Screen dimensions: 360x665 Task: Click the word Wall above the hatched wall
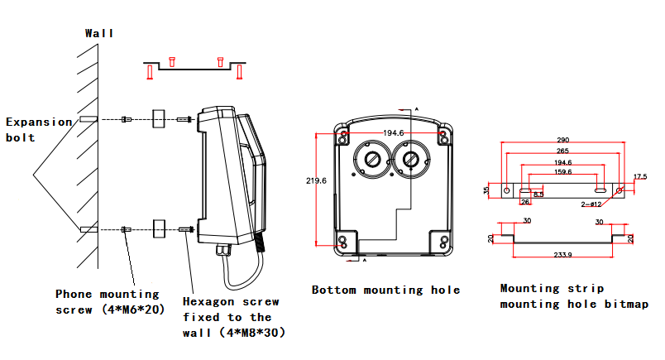99,33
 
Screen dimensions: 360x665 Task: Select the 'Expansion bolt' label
39,129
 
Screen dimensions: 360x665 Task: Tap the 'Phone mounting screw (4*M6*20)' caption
107,301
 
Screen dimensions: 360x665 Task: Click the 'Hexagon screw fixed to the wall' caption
231,317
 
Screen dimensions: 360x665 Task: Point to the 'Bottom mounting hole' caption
385,290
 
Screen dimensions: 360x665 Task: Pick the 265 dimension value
563,151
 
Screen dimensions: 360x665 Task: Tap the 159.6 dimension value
562,172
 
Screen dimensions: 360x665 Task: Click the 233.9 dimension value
563,255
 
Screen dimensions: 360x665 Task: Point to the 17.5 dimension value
640,177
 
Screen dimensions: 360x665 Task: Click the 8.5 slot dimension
538,194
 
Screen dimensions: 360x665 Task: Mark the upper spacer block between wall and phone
160,119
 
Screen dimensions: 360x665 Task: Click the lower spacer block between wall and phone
160,228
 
